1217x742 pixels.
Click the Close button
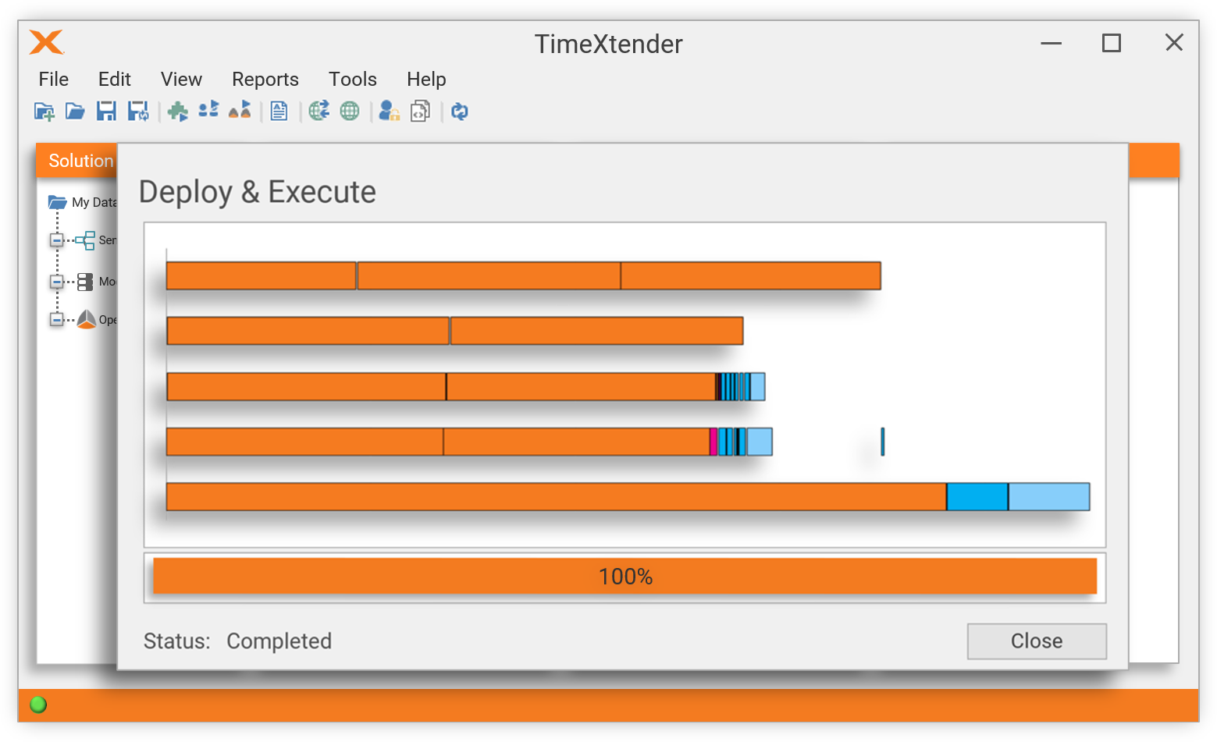pos(1036,641)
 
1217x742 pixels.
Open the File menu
pos(54,80)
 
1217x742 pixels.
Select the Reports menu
pos(265,80)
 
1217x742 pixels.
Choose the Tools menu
pos(352,80)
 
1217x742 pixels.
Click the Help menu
pos(426,80)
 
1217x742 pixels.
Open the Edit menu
pos(114,80)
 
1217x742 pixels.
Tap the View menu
pos(181,80)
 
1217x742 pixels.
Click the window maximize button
pos(1111,44)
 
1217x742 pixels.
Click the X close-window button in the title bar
pos(1173,43)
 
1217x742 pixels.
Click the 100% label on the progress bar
pos(625,577)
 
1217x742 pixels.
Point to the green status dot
pos(38,705)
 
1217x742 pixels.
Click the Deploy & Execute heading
pos(258,192)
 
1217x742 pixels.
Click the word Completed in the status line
pos(279,641)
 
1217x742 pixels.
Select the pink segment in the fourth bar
pos(713,442)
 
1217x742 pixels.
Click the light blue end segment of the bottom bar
pos(1048,497)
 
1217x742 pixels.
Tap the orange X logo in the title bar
pos(46,42)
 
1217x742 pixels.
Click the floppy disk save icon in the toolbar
pos(106,112)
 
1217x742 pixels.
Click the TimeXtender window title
pos(608,44)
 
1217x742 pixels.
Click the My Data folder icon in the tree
pos(57,202)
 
